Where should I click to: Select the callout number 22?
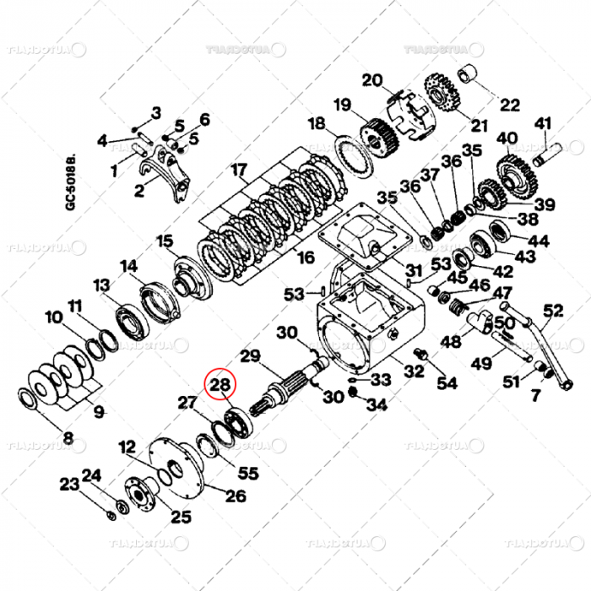pos(509,106)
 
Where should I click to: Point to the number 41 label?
pos(541,122)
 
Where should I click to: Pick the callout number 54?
pos(447,383)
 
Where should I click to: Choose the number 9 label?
pos(99,412)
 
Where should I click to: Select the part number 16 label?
pos(306,257)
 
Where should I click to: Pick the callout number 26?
pos(236,496)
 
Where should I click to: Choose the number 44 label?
pos(538,241)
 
